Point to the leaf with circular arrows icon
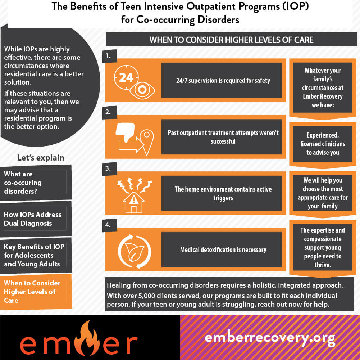point(134,249)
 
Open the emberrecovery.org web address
point(270,338)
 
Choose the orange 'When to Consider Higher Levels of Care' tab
point(35,292)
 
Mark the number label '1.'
point(108,56)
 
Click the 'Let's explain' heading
point(41,158)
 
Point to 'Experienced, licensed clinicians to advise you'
point(323,144)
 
